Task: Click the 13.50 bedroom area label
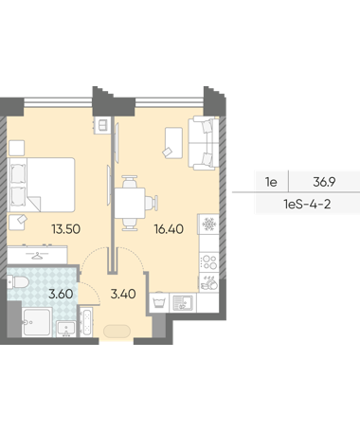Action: click(x=66, y=229)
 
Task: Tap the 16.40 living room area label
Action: click(x=169, y=229)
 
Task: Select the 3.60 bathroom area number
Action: click(x=61, y=294)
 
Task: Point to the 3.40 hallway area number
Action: click(x=123, y=294)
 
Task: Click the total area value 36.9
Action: click(x=324, y=182)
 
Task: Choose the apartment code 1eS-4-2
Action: click(x=307, y=205)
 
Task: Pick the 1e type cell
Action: click(x=271, y=182)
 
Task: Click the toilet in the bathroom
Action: click(x=18, y=281)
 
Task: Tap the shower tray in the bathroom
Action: click(x=37, y=321)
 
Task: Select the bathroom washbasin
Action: click(x=66, y=329)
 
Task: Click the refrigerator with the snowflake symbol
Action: click(x=208, y=224)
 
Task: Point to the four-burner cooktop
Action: click(x=209, y=261)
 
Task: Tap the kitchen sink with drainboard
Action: click(x=183, y=302)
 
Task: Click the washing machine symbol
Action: click(x=159, y=303)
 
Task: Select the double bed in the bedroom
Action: click(x=42, y=185)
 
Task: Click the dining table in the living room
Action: click(x=130, y=203)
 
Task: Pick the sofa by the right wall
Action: click(x=204, y=143)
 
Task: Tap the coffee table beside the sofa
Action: click(x=173, y=143)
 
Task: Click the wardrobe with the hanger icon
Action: click(x=37, y=255)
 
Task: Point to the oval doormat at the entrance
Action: click(x=117, y=332)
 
